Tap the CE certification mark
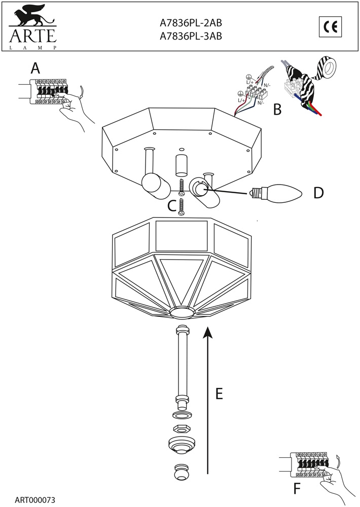[331, 27]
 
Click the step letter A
[35, 68]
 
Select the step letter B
[277, 109]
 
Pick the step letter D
[318, 193]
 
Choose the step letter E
[219, 393]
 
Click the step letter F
[297, 489]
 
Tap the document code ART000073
[34, 500]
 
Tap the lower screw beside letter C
[181, 206]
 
